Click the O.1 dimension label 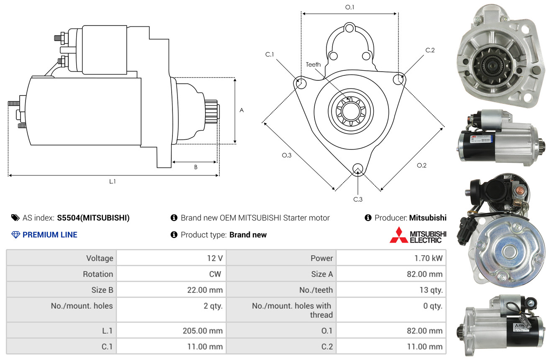click(350, 7)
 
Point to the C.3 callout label click(357, 199)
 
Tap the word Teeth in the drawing click(313, 64)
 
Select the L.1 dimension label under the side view click(113, 181)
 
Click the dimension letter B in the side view click(195, 167)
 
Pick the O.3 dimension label click(286, 155)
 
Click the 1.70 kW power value click(428, 258)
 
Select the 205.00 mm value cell click(203, 331)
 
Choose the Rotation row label click(98, 274)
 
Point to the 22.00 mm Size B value click(205, 290)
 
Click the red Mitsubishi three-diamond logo click(398, 235)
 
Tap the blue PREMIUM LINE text click(50, 235)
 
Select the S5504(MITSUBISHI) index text click(93, 218)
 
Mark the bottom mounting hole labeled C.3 click(357, 169)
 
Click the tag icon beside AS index click(15, 218)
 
